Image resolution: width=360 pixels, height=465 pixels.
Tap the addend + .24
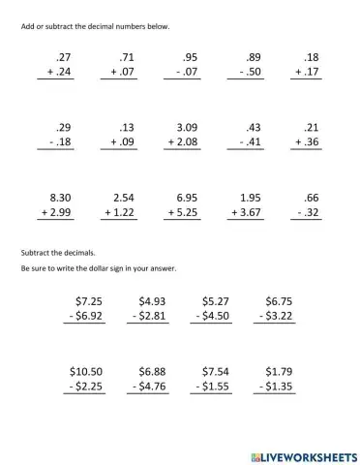(x=63, y=73)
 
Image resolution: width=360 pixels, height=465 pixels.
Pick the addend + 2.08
(x=184, y=142)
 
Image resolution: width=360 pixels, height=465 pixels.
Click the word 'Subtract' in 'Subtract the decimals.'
(x=33, y=250)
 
